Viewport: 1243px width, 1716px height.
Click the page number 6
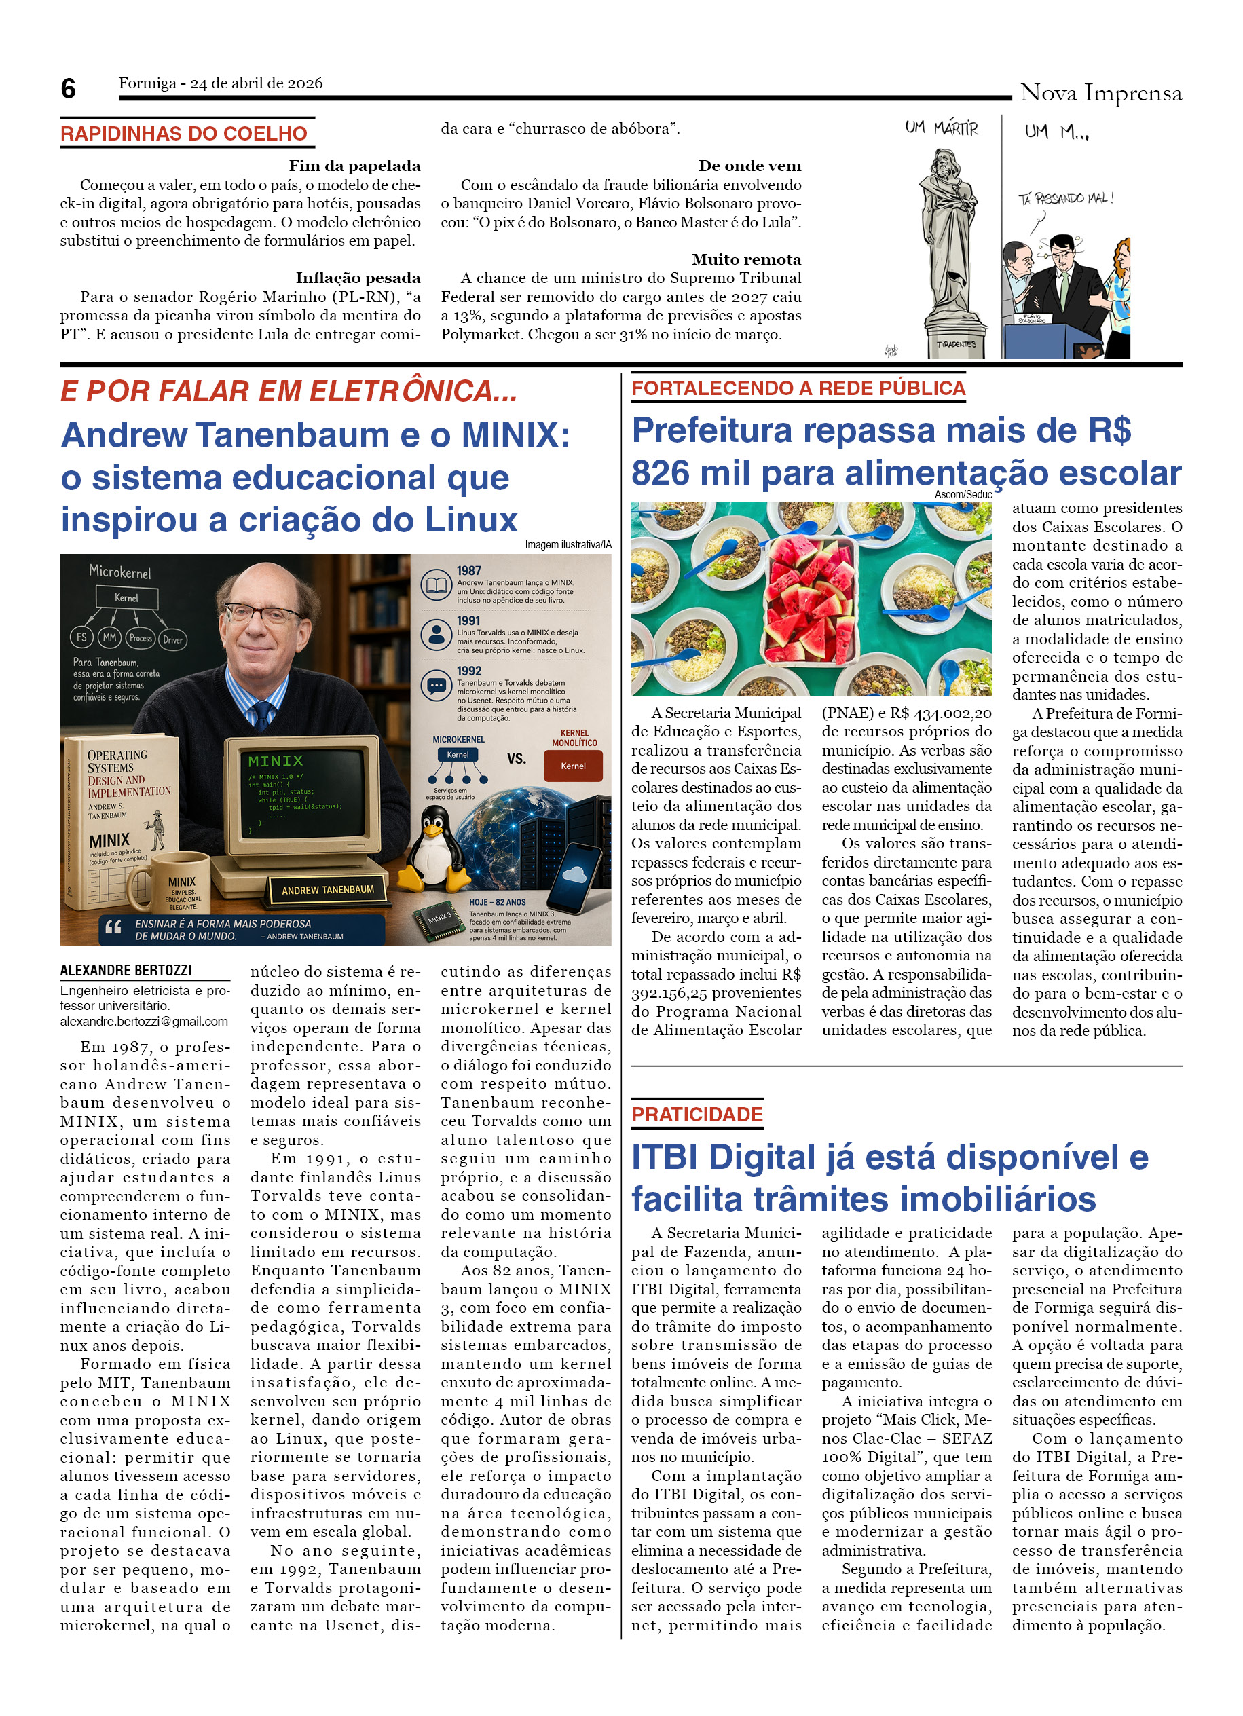click(68, 88)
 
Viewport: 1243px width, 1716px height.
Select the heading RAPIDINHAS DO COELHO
click(184, 134)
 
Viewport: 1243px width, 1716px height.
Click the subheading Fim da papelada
click(354, 166)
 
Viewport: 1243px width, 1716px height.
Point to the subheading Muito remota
click(745, 259)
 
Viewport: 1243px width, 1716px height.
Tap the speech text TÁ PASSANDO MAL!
click(1064, 199)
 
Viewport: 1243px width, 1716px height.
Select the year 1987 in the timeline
click(468, 570)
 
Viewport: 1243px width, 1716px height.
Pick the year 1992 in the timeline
click(468, 671)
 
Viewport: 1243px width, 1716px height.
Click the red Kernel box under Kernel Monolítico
click(573, 766)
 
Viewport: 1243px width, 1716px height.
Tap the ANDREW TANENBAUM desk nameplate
click(328, 890)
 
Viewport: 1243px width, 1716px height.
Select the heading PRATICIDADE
click(697, 1115)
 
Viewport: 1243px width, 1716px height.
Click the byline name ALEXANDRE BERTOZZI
click(126, 970)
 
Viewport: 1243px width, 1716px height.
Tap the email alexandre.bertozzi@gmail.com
click(144, 1022)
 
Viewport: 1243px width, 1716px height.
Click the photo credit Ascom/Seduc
click(963, 494)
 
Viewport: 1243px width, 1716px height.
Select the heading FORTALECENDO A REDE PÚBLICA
click(798, 388)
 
